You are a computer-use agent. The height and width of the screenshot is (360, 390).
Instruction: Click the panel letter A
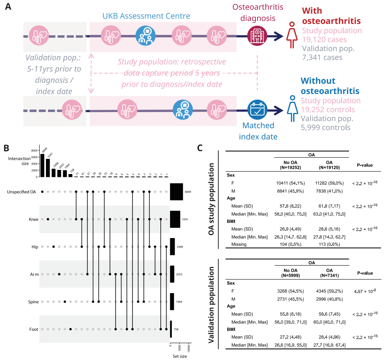pyautogui.click(x=7, y=7)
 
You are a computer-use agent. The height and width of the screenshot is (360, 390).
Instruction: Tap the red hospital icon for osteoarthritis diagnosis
pyautogui.click(x=258, y=36)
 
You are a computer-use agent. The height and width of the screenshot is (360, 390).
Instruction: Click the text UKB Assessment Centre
pyautogui.click(x=157, y=16)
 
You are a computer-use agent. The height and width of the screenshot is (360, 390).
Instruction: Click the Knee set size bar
pyautogui.click(x=175, y=219)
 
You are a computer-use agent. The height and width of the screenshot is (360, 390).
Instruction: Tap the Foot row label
pyautogui.click(x=34, y=329)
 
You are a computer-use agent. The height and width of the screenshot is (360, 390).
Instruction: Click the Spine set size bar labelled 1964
pyautogui.click(x=172, y=302)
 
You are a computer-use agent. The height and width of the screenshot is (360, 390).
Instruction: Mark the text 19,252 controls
pyautogui.click(x=328, y=110)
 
